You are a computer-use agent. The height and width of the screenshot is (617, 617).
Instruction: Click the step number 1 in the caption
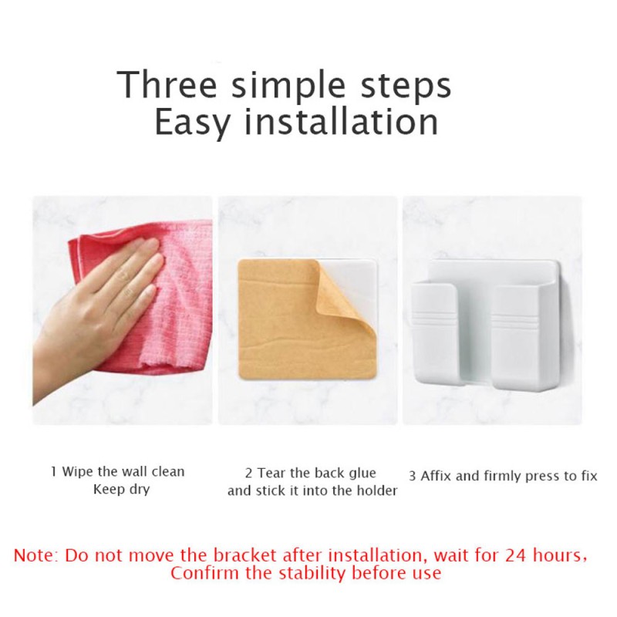pos(54,471)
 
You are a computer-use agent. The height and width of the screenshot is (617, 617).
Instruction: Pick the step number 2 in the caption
pos(249,473)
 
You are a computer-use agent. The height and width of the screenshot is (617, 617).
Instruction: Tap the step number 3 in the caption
pos(413,477)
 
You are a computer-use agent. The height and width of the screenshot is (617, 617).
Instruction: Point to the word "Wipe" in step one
pos(78,471)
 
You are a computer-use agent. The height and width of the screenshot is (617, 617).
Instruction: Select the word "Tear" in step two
pos(272,473)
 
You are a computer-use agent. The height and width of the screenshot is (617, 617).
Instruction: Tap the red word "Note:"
pos(36,555)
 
